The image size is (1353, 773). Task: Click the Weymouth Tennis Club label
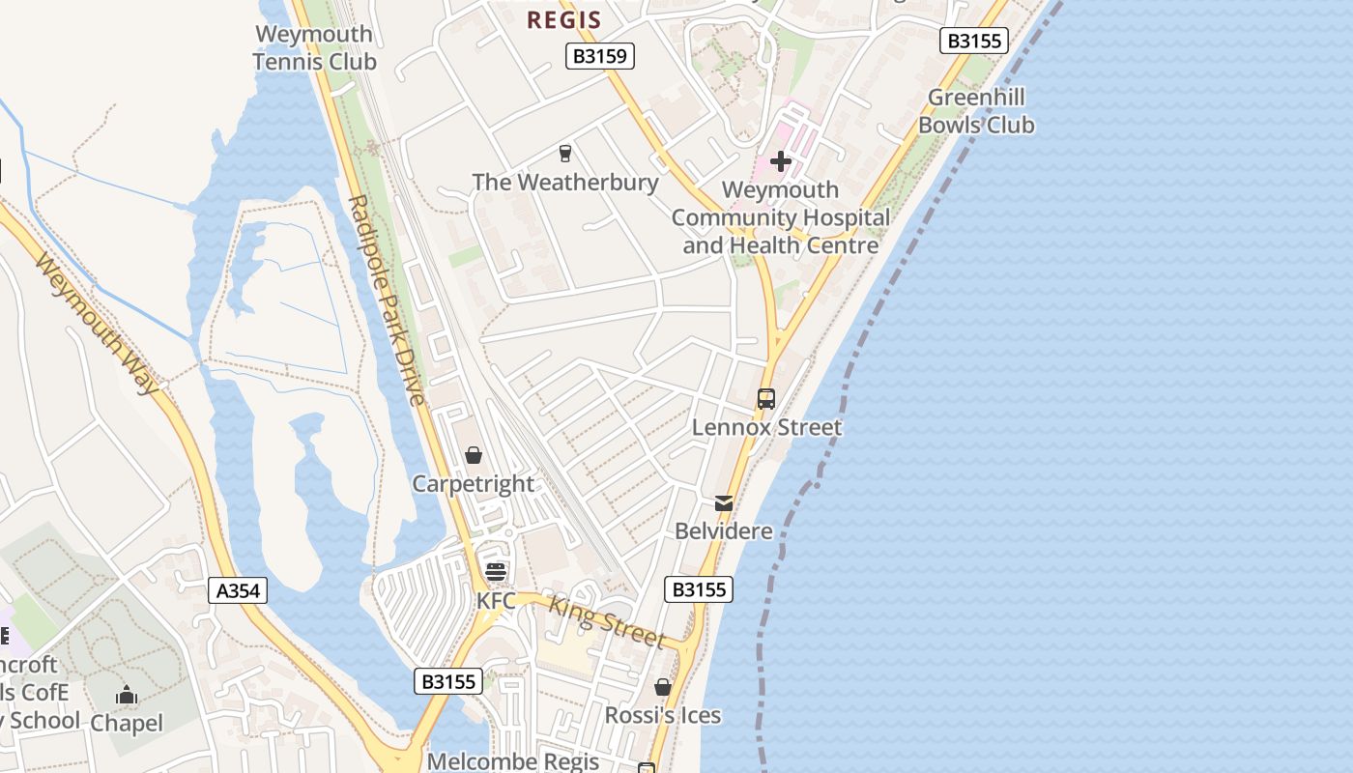click(314, 48)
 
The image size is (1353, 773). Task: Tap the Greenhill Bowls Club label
click(976, 111)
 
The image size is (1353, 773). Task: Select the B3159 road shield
click(600, 56)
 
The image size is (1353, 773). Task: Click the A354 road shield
click(238, 590)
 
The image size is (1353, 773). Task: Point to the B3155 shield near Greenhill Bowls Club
click(974, 41)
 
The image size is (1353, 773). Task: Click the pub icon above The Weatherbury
click(565, 153)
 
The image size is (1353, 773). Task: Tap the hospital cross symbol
click(781, 161)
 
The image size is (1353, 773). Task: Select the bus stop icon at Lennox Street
click(766, 398)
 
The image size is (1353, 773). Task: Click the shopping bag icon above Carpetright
click(474, 454)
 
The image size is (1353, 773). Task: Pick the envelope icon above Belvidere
click(724, 502)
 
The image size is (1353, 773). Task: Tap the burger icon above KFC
click(496, 572)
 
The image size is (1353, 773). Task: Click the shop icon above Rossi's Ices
click(663, 687)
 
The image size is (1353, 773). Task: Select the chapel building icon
click(127, 695)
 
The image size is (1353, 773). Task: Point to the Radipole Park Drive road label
click(387, 300)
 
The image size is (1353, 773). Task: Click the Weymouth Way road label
click(97, 324)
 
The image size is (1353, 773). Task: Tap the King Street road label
click(607, 621)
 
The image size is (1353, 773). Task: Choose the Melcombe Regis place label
click(513, 761)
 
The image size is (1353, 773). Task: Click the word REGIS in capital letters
click(563, 19)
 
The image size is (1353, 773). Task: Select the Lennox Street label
click(766, 427)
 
